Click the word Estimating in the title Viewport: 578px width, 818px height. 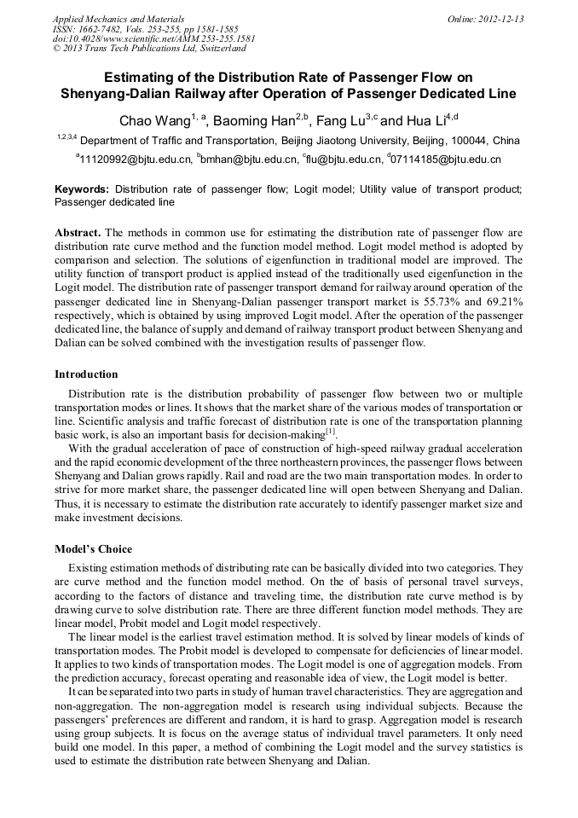(158, 77)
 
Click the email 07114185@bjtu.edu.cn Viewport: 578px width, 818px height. (447, 160)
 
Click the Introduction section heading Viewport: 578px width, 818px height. (86, 374)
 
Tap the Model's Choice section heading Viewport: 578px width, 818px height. (93, 548)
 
